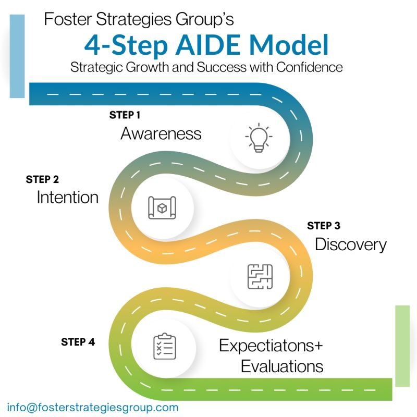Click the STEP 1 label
point(125,115)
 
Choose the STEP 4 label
point(78,342)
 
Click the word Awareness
point(161,133)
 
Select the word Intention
point(67,198)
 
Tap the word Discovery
point(351,244)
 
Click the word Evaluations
point(282,365)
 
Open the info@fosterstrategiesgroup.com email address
point(93,407)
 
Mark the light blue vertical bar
point(17,56)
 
